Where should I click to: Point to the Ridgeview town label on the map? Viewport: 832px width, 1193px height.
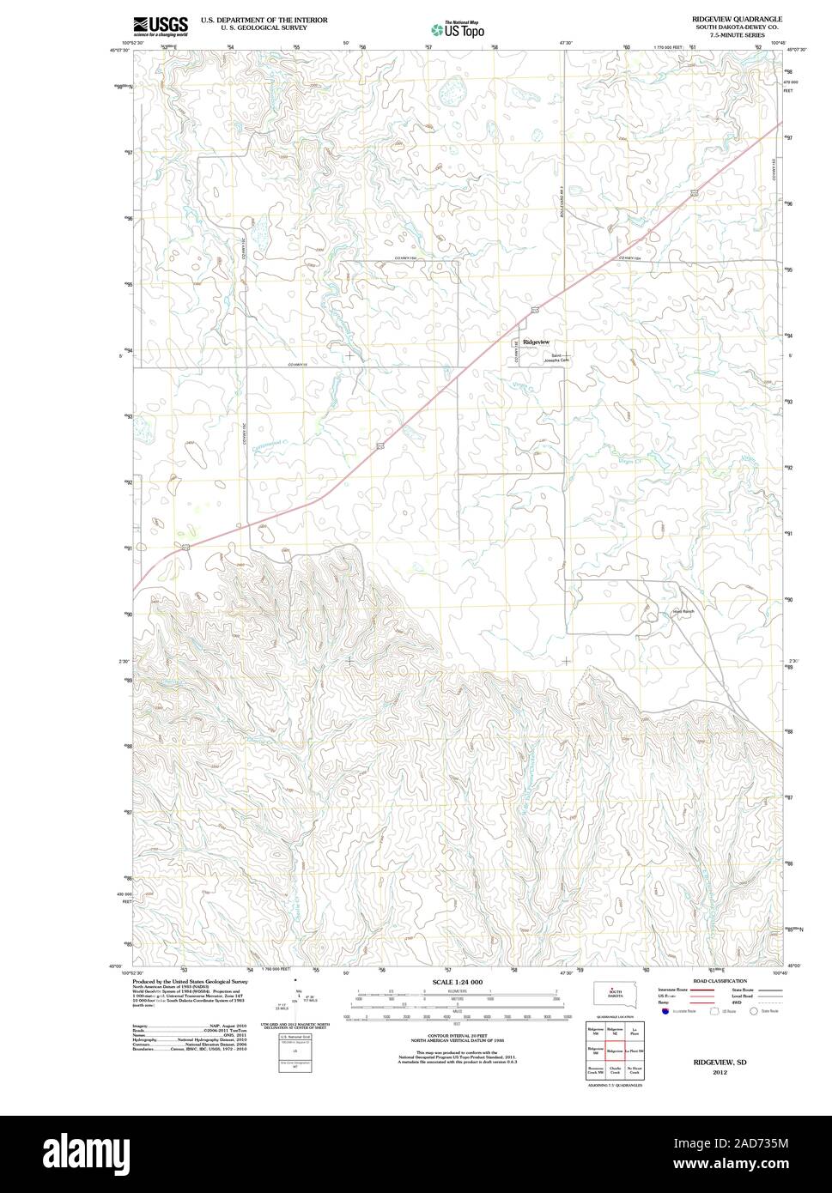tap(536, 342)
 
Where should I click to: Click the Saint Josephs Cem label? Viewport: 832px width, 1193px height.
tap(556, 359)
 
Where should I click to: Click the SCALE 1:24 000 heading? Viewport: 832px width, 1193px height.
tap(458, 981)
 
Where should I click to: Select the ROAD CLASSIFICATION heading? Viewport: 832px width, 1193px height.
tap(701, 980)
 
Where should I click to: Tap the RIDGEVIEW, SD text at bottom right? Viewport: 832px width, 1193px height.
tap(720, 1062)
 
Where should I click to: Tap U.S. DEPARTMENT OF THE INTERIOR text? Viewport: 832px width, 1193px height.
tap(264, 19)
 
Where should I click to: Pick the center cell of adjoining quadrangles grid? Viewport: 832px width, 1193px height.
tap(615, 1051)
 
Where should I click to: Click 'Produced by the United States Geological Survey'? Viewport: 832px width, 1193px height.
tap(190, 981)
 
